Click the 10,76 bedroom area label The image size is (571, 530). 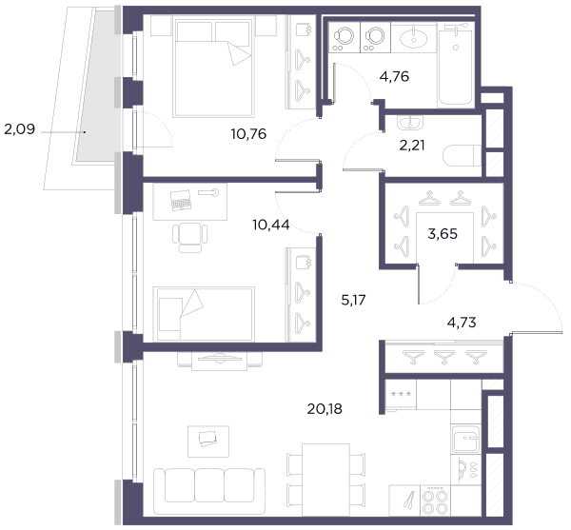248,134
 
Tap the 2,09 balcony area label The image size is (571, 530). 20,129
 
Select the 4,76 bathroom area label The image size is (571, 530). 394,77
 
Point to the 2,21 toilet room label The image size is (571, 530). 412,146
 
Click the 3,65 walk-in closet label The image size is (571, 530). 443,234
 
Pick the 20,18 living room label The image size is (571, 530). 325,409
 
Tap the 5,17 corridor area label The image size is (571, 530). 353,301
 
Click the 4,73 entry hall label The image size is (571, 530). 462,323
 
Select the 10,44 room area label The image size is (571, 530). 271,225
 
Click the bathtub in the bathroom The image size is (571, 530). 455,65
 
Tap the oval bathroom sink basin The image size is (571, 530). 413,39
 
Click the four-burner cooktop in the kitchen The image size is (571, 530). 435,501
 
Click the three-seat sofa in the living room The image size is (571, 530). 209,491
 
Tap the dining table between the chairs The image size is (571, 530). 325,480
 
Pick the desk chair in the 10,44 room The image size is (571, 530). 190,237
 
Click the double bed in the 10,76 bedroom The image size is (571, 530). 214,68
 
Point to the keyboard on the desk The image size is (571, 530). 181,200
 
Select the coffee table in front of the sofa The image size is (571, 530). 208,442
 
